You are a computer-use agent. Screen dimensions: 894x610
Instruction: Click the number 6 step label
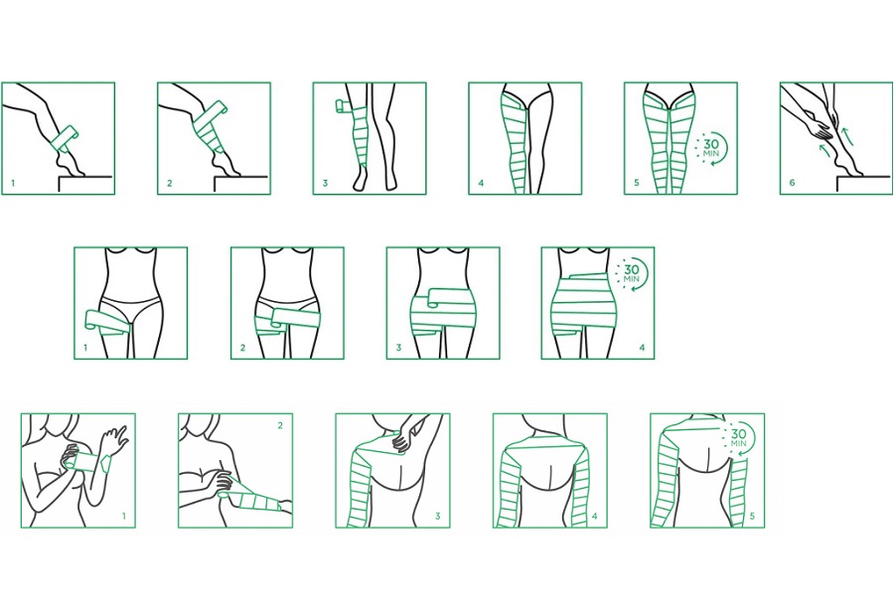792,183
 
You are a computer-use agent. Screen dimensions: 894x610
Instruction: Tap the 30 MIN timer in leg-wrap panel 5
710,149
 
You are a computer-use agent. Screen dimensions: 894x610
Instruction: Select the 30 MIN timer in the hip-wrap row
631,274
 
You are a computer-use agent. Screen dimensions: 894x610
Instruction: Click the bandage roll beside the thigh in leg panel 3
343,106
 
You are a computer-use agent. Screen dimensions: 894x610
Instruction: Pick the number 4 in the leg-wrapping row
481,183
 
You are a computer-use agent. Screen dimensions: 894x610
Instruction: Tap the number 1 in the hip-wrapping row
85,347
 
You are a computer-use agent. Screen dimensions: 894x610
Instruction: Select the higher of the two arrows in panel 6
848,136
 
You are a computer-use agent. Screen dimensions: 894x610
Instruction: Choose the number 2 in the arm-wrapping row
280,425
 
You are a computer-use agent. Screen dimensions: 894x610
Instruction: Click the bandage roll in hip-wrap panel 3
432,298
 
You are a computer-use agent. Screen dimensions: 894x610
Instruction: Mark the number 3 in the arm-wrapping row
437,516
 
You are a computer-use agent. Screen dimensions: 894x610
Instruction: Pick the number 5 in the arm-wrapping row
752,516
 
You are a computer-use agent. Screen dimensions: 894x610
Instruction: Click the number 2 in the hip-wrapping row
243,347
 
